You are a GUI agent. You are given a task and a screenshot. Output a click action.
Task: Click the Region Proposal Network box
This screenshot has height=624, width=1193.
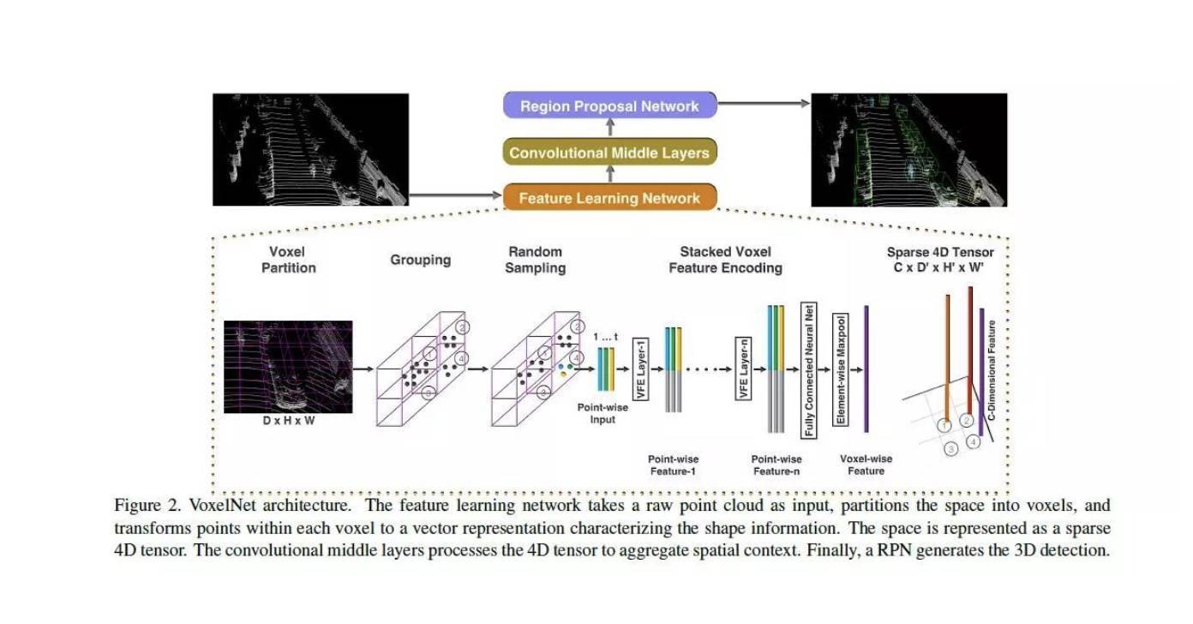pos(610,105)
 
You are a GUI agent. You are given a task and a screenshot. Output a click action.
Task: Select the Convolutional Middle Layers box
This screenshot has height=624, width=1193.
pos(610,152)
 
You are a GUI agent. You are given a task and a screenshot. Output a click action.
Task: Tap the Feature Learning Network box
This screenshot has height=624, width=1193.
pos(610,198)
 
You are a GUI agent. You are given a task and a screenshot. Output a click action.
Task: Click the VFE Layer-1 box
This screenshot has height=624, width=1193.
pos(640,369)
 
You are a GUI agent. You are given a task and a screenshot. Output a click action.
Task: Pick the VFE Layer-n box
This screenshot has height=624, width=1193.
pos(744,369)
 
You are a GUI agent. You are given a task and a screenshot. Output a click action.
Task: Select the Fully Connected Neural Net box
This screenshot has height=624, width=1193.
pos(809,370)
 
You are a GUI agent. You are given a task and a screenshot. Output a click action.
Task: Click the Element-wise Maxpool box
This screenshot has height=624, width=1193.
pos(841,369)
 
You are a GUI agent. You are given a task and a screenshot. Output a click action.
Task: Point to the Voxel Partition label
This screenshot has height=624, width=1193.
pos(288,260)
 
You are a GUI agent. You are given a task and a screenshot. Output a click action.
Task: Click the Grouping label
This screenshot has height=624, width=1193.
pos(420,260)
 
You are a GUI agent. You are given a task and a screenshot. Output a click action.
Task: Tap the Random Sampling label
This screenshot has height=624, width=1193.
pos(536,260)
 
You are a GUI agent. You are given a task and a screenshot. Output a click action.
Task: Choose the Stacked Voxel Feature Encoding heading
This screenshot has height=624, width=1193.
pos(725,260)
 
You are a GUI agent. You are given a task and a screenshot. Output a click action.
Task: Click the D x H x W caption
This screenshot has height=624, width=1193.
pos(289,421)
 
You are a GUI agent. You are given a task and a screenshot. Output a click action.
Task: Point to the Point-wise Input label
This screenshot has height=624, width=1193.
pos(602,413)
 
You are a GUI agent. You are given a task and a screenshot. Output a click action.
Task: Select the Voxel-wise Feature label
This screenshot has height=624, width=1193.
pos(866,465)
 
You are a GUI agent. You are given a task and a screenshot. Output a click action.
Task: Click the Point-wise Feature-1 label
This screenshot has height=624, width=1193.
pos(673,465)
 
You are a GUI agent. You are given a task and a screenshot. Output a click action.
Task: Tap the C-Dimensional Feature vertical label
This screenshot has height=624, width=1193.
pos(991,370)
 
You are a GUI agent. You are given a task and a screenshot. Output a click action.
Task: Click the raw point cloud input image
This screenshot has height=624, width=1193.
pos(311,150)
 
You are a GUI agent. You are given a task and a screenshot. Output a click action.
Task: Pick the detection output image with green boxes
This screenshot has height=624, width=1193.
pos(909,150)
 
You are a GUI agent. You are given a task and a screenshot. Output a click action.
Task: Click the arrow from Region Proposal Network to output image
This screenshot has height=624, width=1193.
pos(764,104)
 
